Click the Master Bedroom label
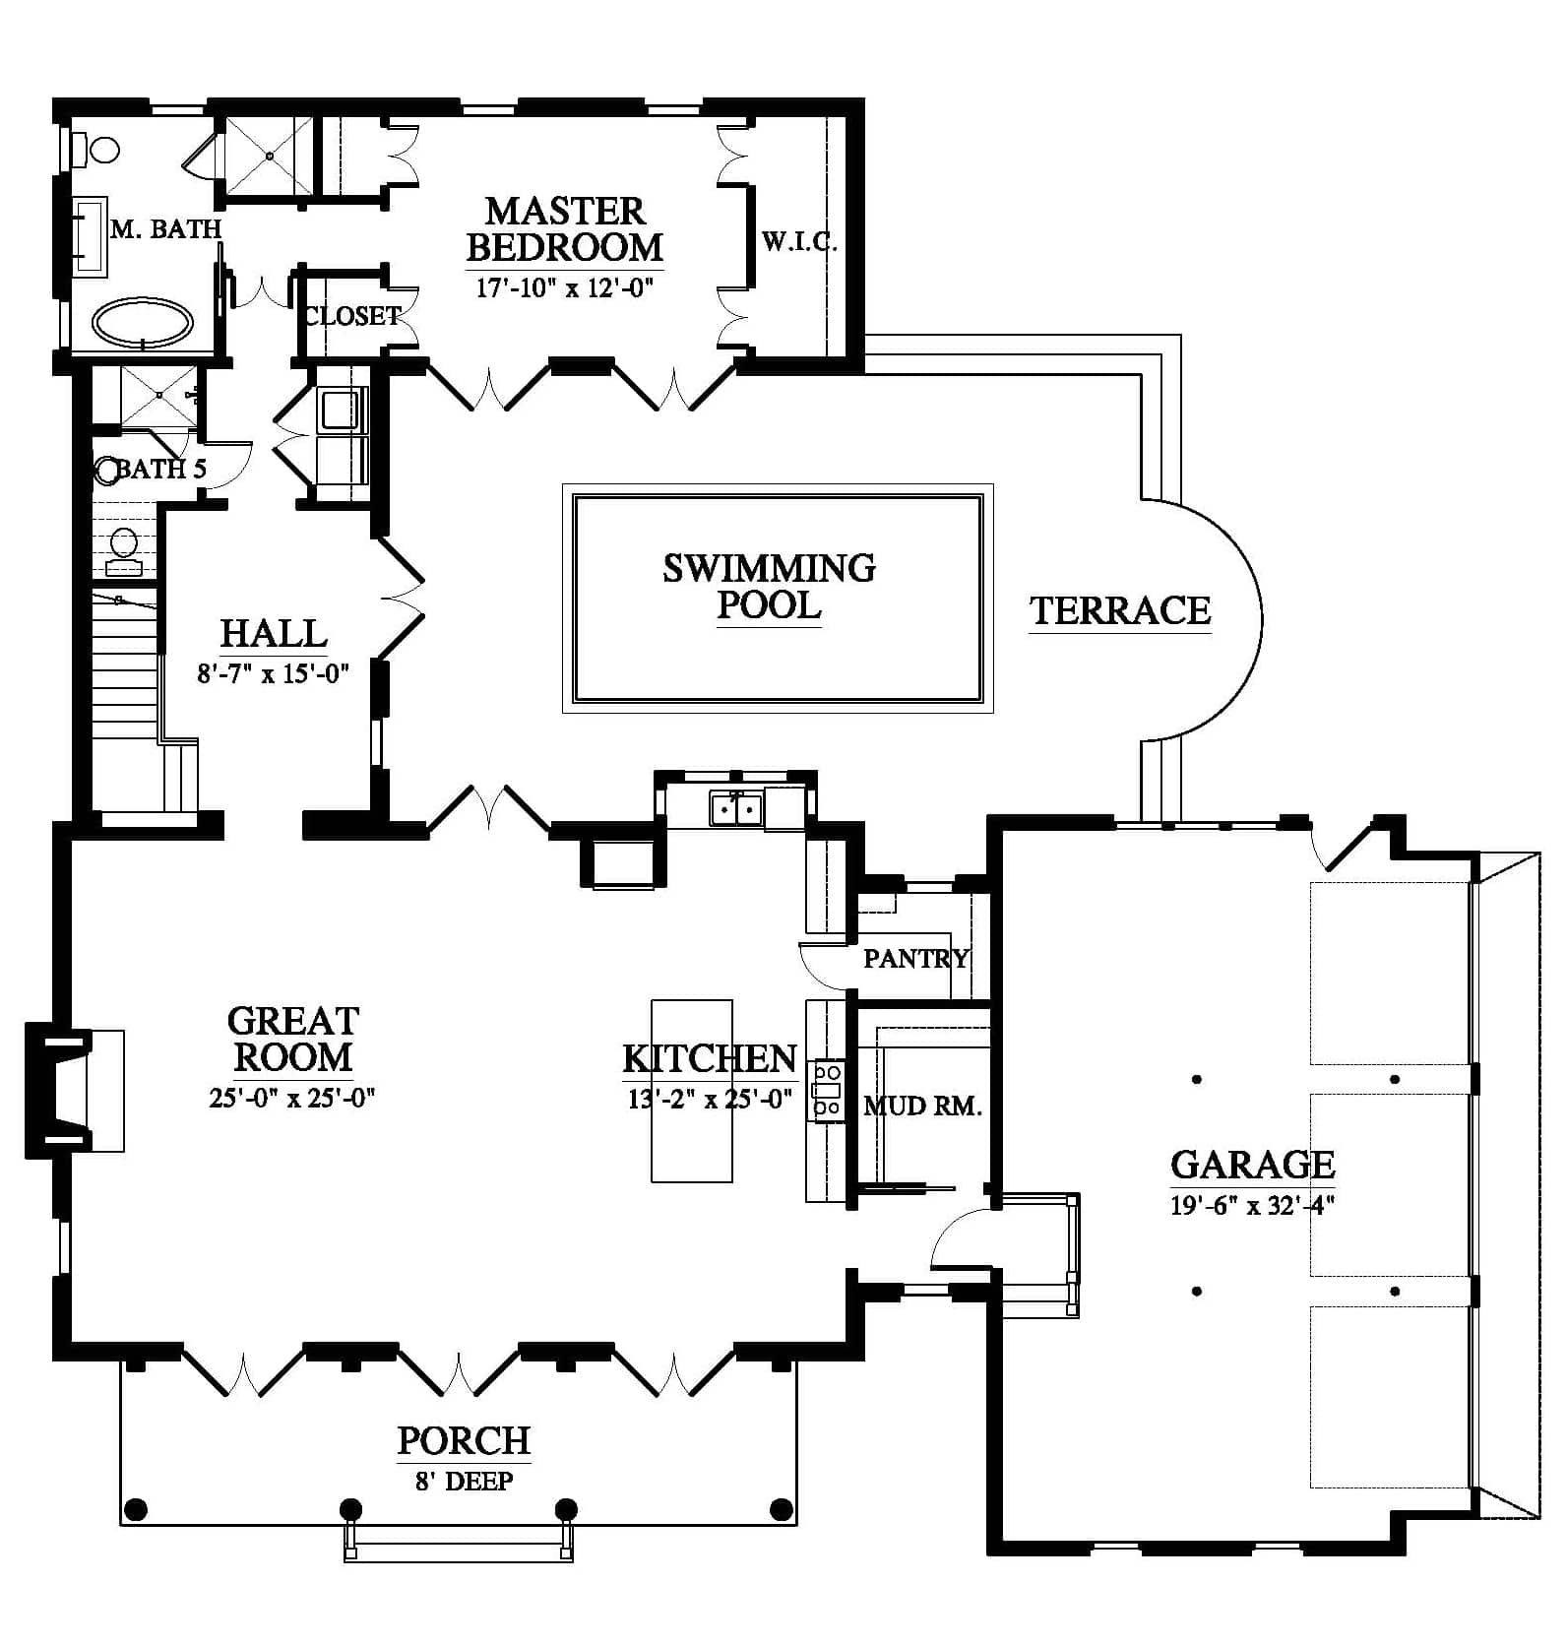565,228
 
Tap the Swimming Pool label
769,586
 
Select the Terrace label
1120,610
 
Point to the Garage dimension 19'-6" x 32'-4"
1252,1205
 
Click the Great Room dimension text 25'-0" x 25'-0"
292,1098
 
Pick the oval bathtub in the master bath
143,322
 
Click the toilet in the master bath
100,150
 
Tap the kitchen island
692,1091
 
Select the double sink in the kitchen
735,809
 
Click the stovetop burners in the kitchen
827,1090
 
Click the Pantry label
915,958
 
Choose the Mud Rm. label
922,1107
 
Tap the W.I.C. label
799,241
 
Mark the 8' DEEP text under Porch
464,1481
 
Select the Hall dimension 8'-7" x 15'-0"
274,673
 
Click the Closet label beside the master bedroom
352,316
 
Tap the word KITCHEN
710,1059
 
